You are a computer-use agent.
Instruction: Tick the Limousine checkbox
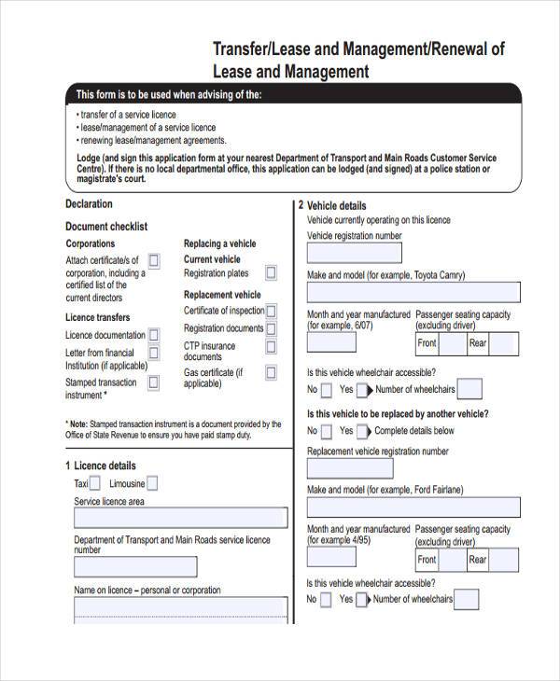pos(152,483)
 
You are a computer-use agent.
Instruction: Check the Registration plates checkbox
pos(271,273)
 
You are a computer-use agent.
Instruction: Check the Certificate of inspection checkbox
pos(272,311)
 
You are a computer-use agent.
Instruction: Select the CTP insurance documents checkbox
pos(272,348)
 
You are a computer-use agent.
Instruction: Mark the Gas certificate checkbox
pos(272,373)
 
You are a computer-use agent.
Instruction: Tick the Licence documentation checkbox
pos(154,334)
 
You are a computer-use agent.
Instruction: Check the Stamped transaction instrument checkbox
pos(154,383)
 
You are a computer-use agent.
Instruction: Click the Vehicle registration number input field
pos(356,254)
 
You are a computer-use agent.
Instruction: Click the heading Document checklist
pos(106,227)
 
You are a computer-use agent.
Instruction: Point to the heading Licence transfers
pos(97,317)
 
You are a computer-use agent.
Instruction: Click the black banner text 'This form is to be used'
pos(169,95)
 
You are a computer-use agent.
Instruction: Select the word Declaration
pos(89,203)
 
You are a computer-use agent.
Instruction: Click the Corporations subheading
pos(91,243)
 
